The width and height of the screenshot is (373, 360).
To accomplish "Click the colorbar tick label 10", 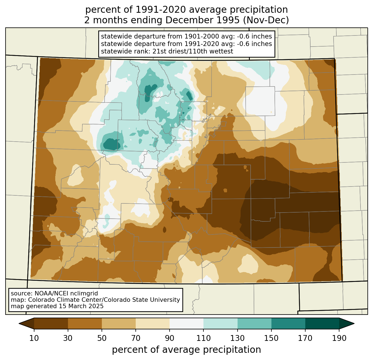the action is [34, 338].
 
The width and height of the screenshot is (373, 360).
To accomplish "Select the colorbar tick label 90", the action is [170, 338].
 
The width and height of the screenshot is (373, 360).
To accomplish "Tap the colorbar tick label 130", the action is [237, 338].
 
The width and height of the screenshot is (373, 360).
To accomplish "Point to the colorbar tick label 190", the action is [339, 338].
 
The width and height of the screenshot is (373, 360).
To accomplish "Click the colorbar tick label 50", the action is [102, 338].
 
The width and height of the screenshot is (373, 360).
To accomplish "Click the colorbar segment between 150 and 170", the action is [288, 324].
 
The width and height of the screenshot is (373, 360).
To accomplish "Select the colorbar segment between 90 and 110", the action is [186, 324].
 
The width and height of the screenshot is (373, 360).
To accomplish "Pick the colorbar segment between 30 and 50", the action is [85, 324].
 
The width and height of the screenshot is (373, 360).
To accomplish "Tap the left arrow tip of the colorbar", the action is [19, 324].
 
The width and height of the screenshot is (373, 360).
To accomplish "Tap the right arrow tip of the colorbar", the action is [354, 324].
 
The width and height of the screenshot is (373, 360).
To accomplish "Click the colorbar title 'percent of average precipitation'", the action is [186, 350].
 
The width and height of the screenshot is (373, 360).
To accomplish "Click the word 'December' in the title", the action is [202, 20].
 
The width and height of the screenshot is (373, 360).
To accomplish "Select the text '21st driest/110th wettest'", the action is [193, 51].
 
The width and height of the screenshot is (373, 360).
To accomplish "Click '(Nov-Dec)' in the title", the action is [266, 20].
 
